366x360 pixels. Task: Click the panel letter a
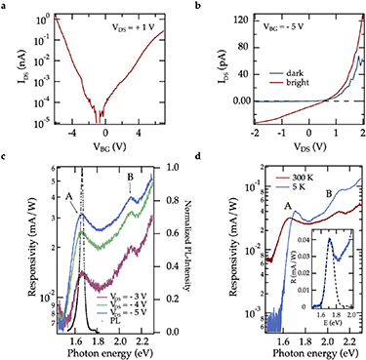coord(5,6)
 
